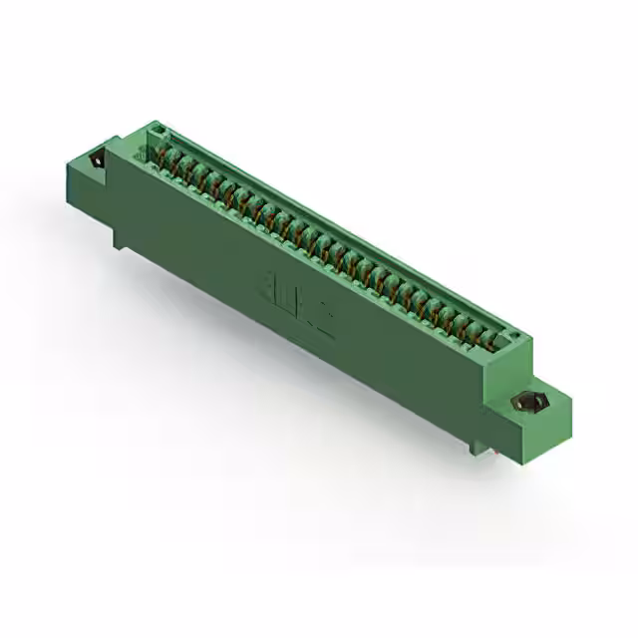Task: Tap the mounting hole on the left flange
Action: point(99,159)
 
